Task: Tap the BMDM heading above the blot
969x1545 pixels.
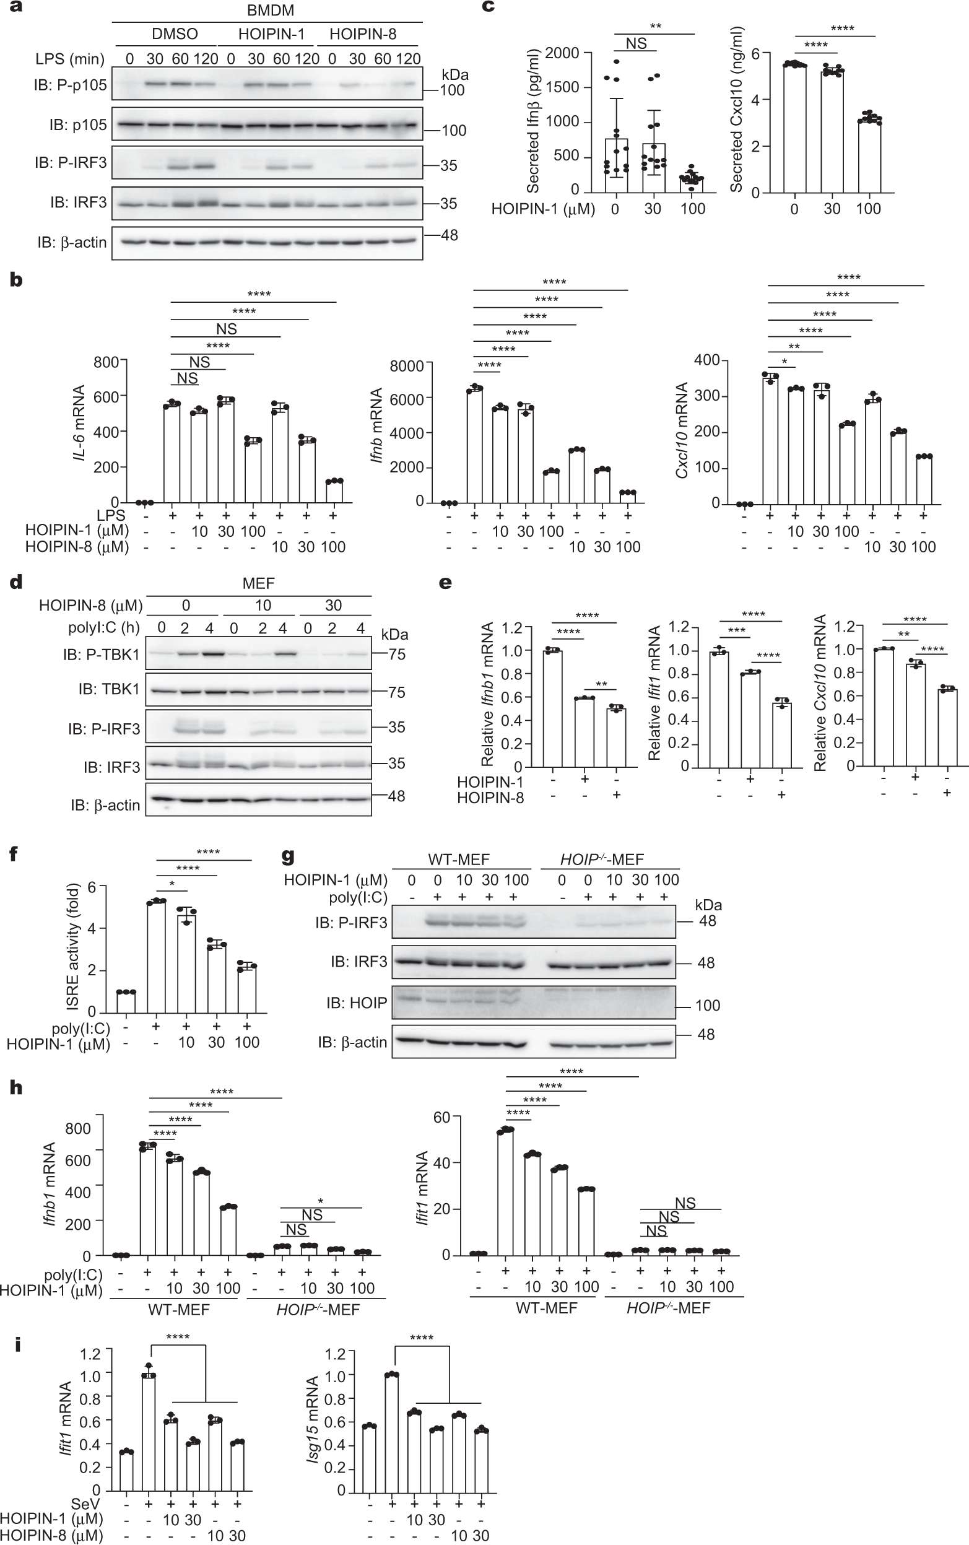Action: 270,11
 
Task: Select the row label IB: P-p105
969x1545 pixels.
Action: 71,85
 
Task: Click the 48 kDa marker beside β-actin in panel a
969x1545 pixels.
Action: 450,235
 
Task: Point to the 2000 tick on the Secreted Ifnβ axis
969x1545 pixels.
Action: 562,53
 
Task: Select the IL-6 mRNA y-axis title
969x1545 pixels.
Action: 79,423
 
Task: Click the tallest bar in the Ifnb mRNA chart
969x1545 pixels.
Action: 474,445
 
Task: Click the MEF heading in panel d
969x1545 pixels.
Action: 258,583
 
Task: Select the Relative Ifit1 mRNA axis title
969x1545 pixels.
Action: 654,694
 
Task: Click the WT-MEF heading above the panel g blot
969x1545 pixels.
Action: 459,860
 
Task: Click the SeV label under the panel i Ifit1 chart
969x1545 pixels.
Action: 85,1503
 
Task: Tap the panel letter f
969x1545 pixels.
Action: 15,853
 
